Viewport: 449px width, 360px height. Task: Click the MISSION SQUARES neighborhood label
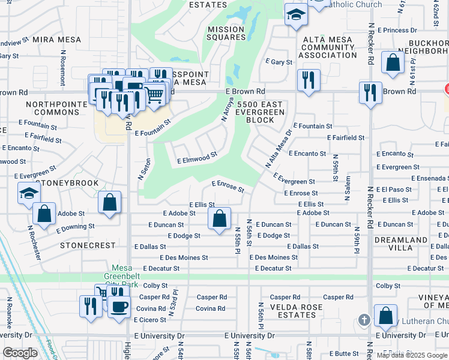226,33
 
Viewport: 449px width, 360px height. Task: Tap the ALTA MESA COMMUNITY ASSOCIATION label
328,47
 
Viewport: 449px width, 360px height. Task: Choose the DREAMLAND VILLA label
418,244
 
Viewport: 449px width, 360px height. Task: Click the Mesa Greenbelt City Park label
125,276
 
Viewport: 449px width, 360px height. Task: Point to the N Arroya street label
227,110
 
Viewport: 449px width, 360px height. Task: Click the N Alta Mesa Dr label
278,149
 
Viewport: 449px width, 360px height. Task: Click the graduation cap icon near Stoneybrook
28,194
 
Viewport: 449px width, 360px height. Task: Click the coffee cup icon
118,306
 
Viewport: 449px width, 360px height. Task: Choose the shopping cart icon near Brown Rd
154,94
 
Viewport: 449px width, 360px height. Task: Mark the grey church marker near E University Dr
363,319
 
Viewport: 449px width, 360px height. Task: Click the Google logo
20,353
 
